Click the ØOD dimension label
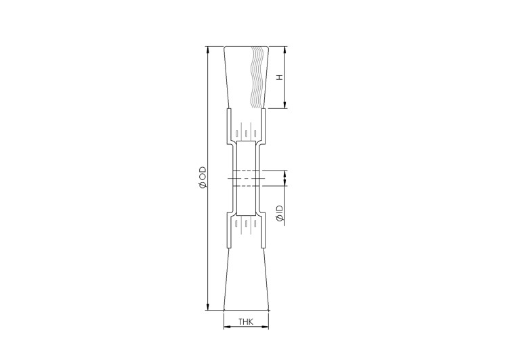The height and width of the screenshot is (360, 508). (x=202, y=177)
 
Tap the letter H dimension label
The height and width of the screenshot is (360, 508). (x=279, y=77)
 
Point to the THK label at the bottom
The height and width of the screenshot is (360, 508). (x=246, y=323)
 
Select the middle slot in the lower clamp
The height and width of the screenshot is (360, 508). (x=246, y=223)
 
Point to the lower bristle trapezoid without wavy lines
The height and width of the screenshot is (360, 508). (x=246, y=277)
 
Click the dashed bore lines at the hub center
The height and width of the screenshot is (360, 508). (x=245, y=177)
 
